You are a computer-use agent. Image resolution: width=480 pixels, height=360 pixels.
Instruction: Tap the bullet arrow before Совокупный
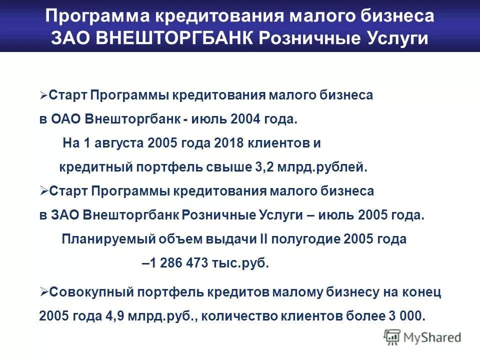pos(43,292)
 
